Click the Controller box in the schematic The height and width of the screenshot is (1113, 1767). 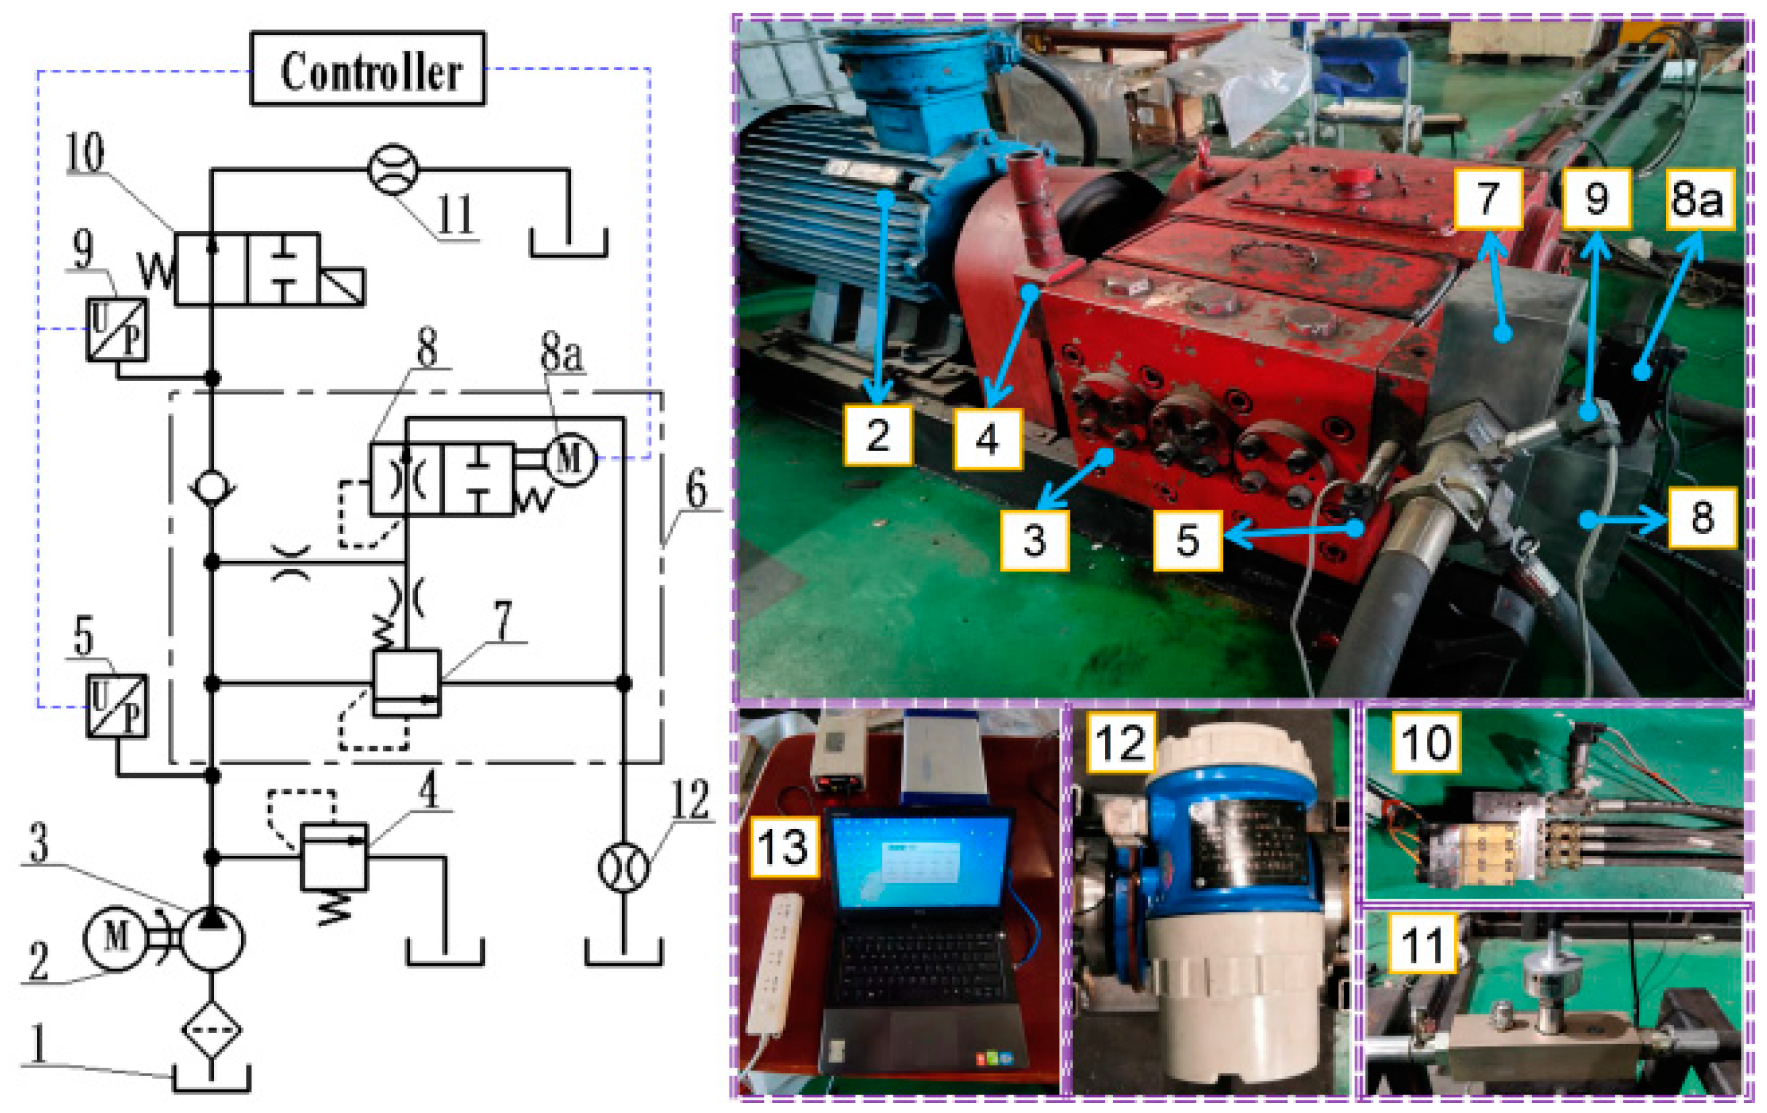(367, 68)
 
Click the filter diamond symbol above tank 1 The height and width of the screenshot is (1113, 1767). (212, 1029)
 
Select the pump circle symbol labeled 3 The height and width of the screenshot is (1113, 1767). (212, 938)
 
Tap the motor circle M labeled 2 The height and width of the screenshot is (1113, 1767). (116, 938)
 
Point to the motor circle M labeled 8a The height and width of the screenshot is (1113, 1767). (571, 459)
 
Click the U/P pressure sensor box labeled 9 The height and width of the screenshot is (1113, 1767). (116, 329)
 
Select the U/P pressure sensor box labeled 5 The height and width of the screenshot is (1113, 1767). (116, 706)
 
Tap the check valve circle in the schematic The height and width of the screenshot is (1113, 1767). (212, 487)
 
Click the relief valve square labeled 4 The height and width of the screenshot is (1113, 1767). (334, 856)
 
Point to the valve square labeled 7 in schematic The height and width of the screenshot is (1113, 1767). (407, 683)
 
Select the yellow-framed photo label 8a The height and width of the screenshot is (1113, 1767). (1698, 198)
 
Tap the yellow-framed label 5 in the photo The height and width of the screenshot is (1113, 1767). (1187, 541)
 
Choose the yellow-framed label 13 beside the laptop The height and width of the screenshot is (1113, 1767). (784, 848)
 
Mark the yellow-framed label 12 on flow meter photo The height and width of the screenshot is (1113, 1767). (1121, 743)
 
